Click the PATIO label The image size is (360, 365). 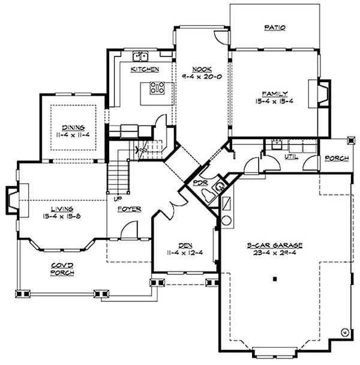[275, 28]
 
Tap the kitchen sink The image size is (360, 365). [140, 56]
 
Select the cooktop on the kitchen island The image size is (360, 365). [157, 88]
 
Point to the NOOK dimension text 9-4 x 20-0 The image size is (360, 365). [202, 77]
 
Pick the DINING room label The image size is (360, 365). [73, 127]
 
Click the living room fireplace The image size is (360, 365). [14, 200]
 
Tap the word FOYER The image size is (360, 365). [130, 209]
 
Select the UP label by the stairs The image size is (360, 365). [117, 199]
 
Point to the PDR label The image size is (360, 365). [200, 183]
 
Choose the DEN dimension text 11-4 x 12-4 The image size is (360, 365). [185, 253]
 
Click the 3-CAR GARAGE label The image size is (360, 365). [275, 246]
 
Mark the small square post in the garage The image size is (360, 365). [275, 279]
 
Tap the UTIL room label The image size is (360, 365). [292, 157]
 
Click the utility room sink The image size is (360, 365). [277, 143]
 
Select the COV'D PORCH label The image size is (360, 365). [62, 269]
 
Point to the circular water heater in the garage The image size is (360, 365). [226, 220]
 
